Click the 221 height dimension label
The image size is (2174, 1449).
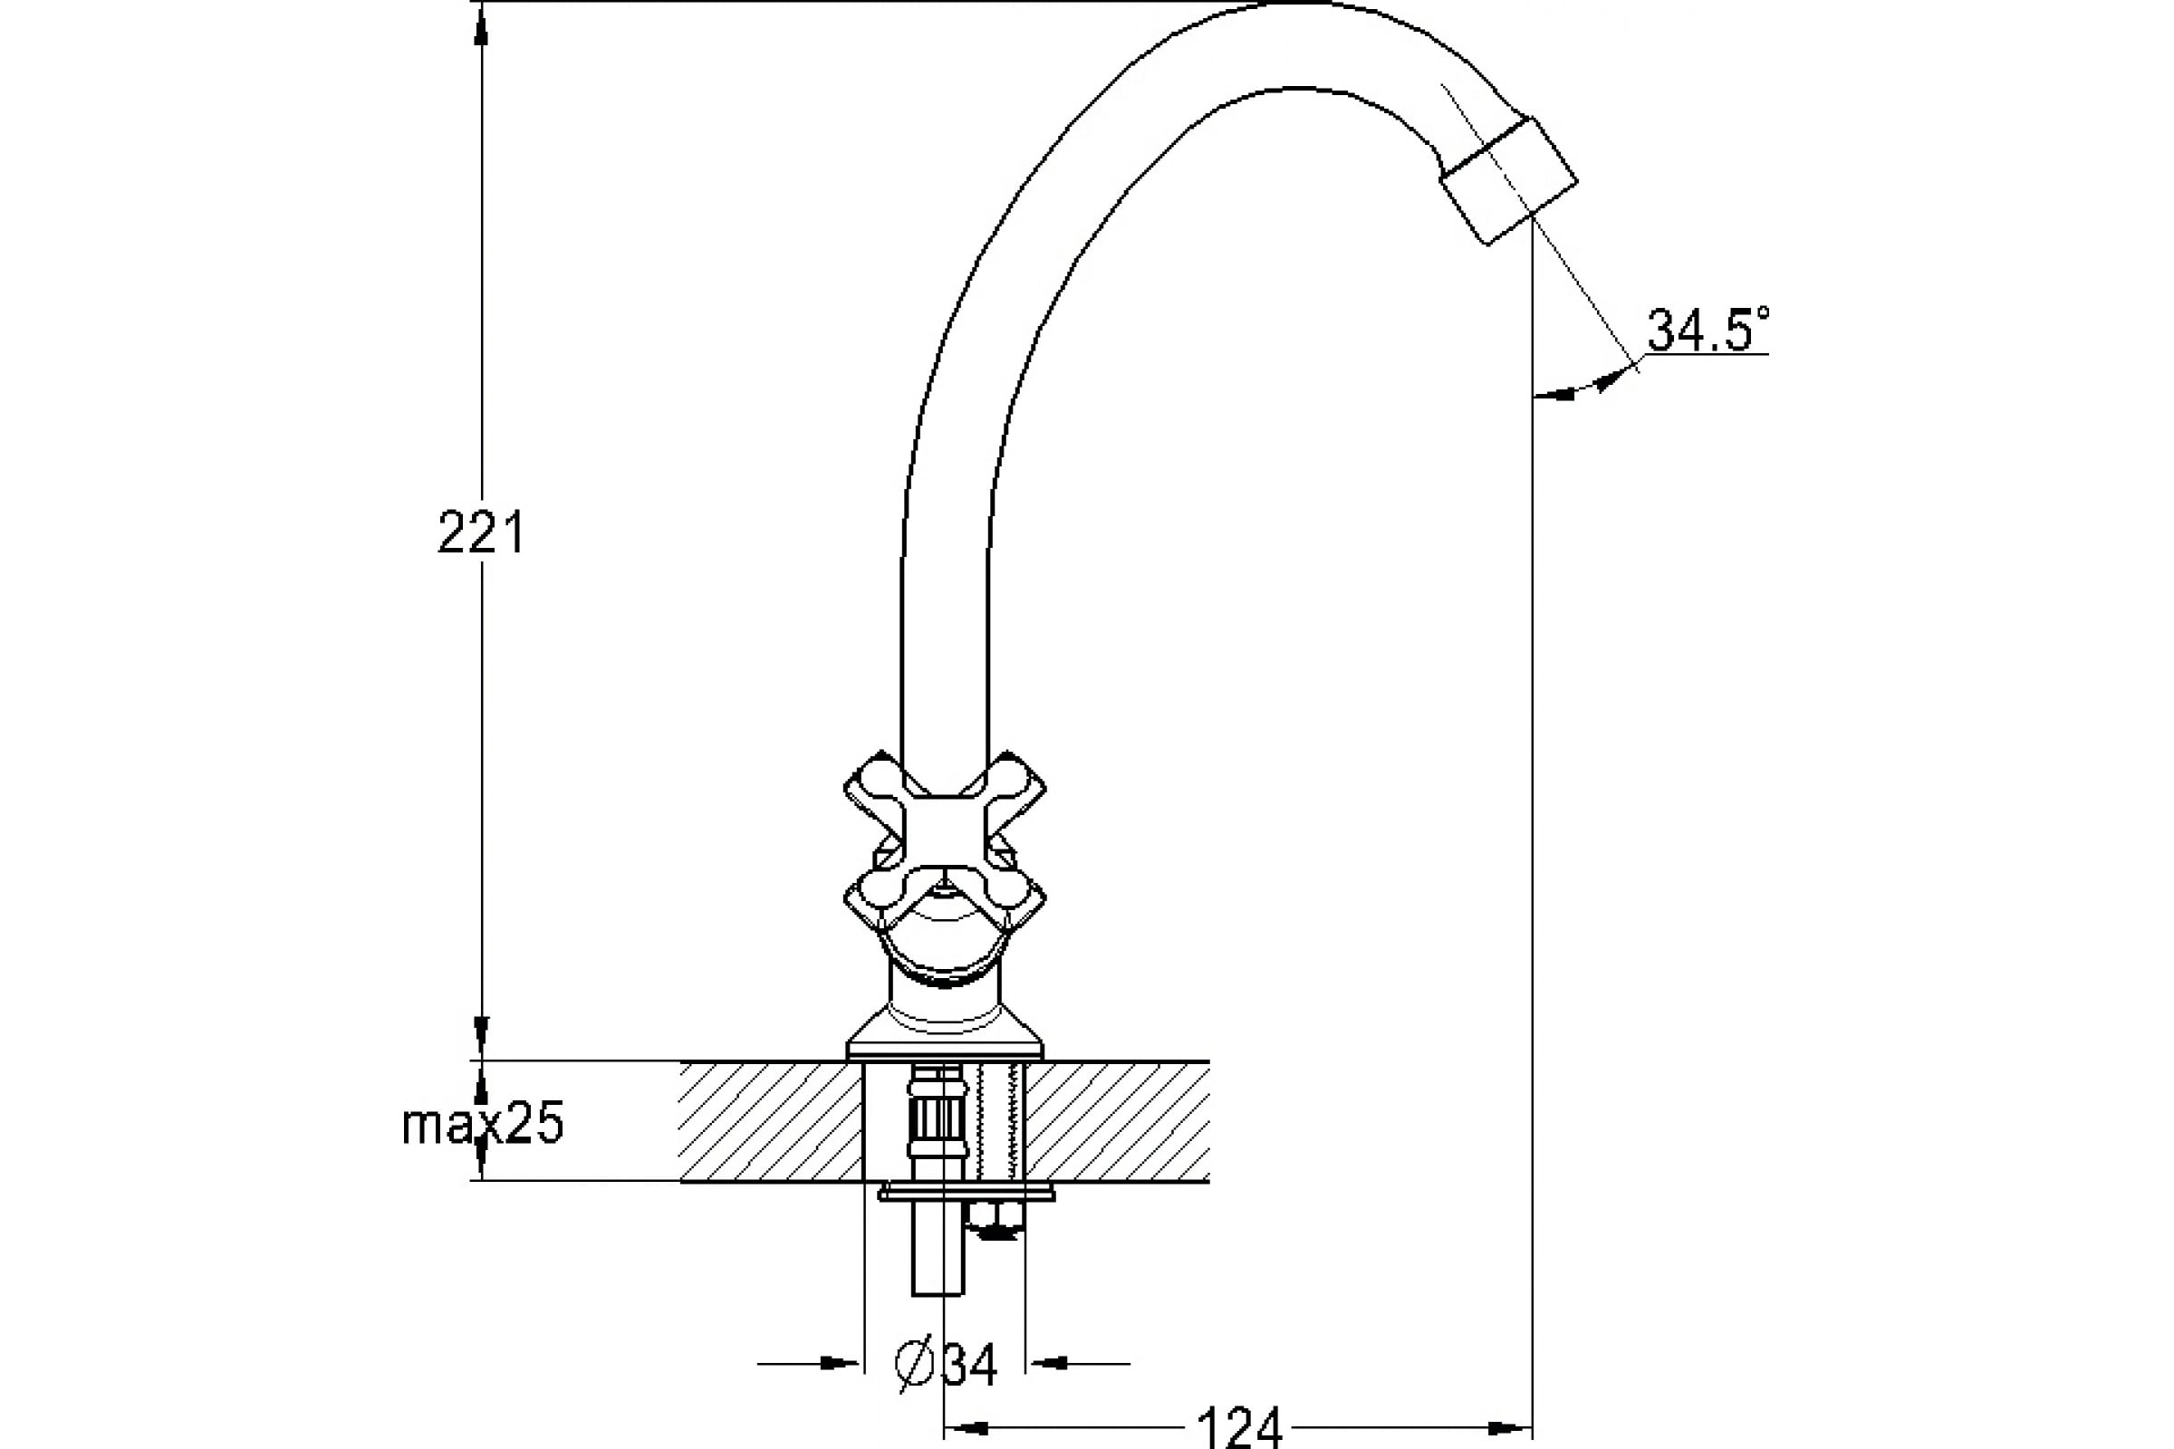point(481,533)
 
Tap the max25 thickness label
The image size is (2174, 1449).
point(482,1125)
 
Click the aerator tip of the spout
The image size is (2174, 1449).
point(1508,181)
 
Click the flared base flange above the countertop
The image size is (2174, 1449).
point(945,1035)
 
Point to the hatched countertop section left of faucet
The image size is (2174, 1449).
point(771,1120)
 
